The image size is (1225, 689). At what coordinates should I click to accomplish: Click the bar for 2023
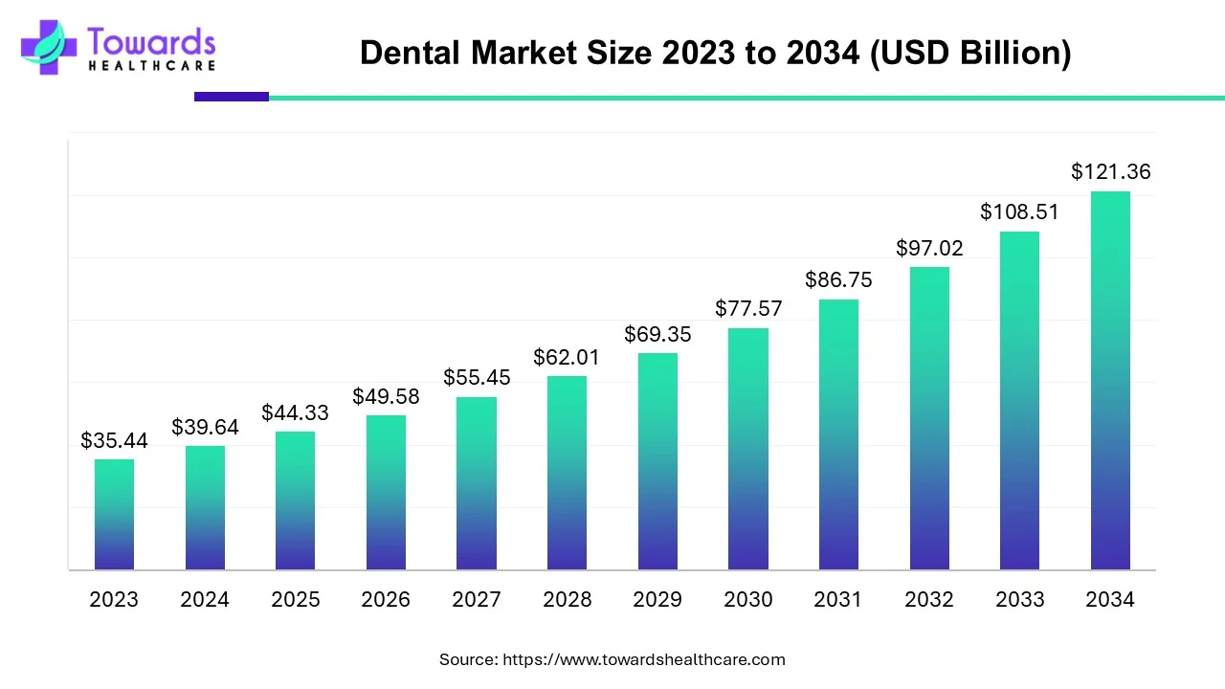click(x=114, y=515)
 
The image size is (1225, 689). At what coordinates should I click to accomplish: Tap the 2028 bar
click(x=567, y=473)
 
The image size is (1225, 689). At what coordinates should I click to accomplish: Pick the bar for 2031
click(x=838, y=434)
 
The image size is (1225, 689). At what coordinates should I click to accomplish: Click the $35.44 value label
click(x=114, y=441)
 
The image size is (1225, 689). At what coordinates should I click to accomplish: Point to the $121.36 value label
click(x=1110, y=172)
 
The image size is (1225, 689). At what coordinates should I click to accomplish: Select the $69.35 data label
click(x=657, y=335)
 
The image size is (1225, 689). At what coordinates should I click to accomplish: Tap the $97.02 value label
click(x=929, y=249)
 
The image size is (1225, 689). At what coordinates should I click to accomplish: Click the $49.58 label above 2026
click(x=386, y=396)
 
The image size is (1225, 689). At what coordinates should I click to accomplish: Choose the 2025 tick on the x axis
click(x=295, y=600)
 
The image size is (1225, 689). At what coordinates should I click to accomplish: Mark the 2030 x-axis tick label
click(x=747, y=600)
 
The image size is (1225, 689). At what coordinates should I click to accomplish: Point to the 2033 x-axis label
click(x=1019, y=600)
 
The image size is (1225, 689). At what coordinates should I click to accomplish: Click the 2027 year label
click(x=476, y=600)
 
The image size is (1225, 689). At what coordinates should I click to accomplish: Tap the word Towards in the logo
click(x=151, y=41)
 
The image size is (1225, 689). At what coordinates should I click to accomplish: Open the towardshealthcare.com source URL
click(x=643, y=659)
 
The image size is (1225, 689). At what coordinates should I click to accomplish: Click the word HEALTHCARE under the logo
click(x=151, y=66)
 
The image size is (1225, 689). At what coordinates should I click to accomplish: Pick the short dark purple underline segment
click(x=232, y=97)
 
